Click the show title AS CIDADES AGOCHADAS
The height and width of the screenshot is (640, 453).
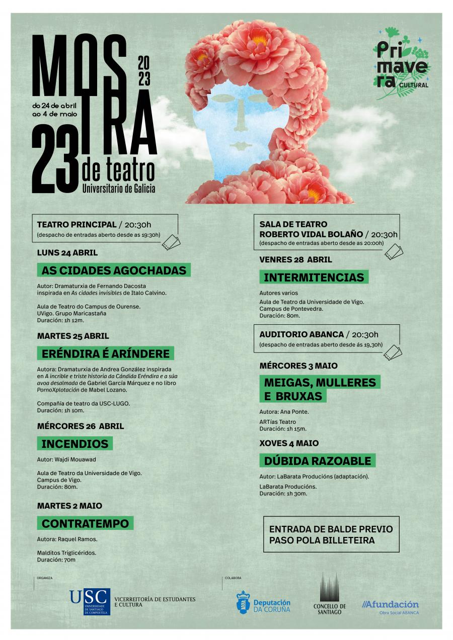click(x=114, y=270)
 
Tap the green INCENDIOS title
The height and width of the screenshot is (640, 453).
click(x=75, y=444)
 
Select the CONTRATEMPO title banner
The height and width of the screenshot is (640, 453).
click(x=86, y=523)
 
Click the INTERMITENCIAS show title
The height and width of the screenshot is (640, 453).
click(x=314, y=278)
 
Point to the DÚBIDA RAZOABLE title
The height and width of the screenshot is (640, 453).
click(x=318, y=461)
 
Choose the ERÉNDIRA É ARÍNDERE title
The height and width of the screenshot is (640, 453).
click(x=106, y=353)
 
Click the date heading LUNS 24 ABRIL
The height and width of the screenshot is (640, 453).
click(x=67, y=252)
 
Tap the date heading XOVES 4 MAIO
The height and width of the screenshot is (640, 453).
click(x=289, y=443)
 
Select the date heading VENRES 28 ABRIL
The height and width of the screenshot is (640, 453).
click(x=295, y=260)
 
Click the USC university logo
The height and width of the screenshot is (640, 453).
click(x=90, y=601)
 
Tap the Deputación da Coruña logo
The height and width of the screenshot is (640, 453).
click(x=263, y=602)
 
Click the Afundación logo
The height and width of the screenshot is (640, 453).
click(x=391, y=606)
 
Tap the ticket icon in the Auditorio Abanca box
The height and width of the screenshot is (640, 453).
click(x=393, y=352)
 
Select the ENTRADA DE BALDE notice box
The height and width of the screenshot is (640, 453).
click(x=331, y=535)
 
